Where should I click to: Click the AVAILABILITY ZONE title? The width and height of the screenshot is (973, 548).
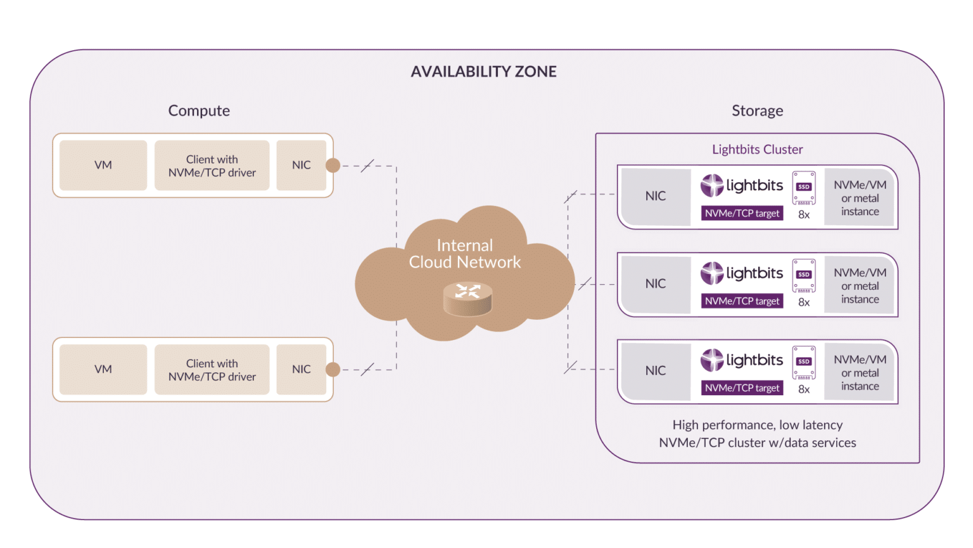click(483, 72)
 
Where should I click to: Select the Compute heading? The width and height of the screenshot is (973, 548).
click(199, 110)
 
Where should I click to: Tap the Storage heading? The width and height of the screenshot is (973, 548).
click(757, 111)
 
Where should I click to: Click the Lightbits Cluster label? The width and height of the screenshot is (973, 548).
click(757, 150)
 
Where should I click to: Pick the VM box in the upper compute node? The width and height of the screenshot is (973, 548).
click(103, 165)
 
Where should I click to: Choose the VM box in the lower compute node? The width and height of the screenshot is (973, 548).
click(103, 369)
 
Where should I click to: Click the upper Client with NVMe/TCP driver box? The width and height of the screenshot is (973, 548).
click(212, 166)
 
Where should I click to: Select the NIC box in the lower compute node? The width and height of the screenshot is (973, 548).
click(302, 369)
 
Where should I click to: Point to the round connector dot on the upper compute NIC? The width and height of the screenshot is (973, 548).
click(333, 166)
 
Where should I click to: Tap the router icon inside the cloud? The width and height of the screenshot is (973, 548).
click(467, 299)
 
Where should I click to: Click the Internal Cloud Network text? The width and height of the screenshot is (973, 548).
click(465, 254)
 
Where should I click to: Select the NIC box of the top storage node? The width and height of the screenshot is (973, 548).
click(656, 197)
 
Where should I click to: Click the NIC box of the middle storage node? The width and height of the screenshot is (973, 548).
click(656, 284)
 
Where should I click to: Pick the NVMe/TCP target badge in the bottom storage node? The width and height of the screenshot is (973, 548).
click(742, 388)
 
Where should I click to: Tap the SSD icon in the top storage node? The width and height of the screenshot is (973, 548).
click(804, 188)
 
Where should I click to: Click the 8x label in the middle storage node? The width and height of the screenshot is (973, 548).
click(804, 303)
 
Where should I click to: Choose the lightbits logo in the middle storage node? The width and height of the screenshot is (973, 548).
click(742, 273)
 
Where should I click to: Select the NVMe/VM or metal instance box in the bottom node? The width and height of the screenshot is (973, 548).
click(860, 373)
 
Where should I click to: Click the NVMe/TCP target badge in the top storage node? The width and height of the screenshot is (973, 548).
click(742, 214)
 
